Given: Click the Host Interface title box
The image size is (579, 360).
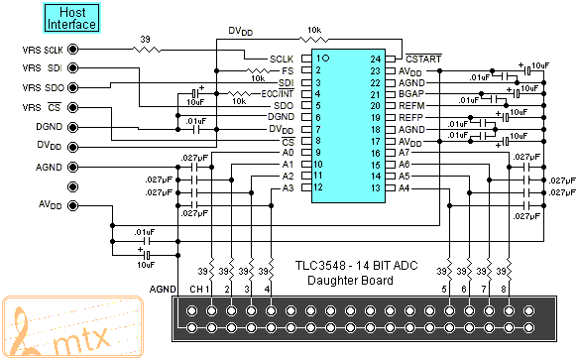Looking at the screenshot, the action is pyautogui.click(x=71, y=18).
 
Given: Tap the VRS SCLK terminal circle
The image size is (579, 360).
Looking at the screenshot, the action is pyautogui.click(x=73, y=50).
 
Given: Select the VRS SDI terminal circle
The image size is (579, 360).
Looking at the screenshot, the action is pyautogui.click(x=73, y=68).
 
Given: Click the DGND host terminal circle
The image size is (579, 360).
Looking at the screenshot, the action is pyautogui.click(x=73, y=127).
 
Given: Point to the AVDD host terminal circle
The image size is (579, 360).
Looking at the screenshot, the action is pyautogui.click(x=73, y=205).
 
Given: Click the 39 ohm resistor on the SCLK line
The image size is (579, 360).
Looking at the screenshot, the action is pyautogui.click(x=147, y=50).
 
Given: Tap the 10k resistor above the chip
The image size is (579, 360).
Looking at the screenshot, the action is pyautogui.click(x=314, y=39).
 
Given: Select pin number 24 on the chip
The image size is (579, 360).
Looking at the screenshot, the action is pyautogui.click(x=376, y=60).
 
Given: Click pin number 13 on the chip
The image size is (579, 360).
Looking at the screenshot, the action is pyautogui.click(x=376, y=188).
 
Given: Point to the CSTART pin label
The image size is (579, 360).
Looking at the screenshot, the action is pyautogui.click(x=423, y=59).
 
